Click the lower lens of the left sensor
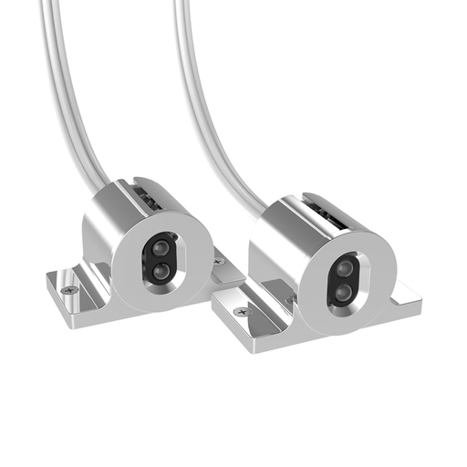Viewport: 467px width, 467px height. click(x=161, y=270)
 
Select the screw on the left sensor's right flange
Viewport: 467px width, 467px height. click(x=219, y=262)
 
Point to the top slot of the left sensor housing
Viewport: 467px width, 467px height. click(x=147, y=192)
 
